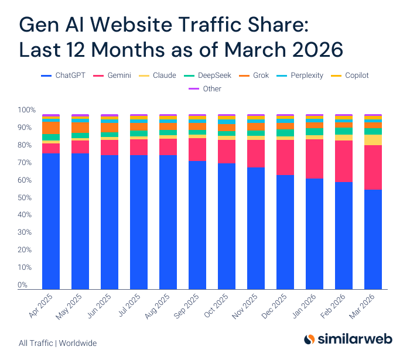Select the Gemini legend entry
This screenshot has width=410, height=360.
[x=114, y=76]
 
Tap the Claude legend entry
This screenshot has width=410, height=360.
[x=159, y=76]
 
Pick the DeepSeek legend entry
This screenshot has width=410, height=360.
[x=209, y=76]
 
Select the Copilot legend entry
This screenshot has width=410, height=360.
[x=351, y=76]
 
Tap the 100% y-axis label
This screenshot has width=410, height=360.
[x=26, y=110]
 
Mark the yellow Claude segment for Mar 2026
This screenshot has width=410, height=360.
[x=373, y=139]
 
